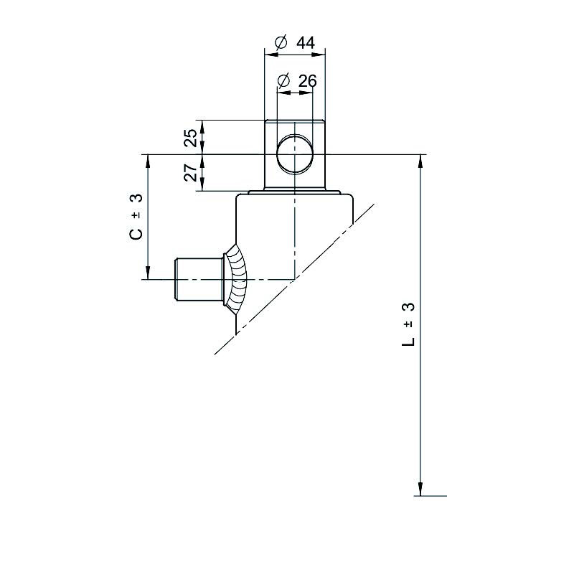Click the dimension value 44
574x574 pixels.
[306, 43]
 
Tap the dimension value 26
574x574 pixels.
[308, 81]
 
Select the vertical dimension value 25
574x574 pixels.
[191, 138]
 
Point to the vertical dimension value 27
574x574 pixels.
[191, 172]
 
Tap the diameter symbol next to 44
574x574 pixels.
[281, 43]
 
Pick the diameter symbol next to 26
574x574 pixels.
[283, 81]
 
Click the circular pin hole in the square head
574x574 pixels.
[295, 154]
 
